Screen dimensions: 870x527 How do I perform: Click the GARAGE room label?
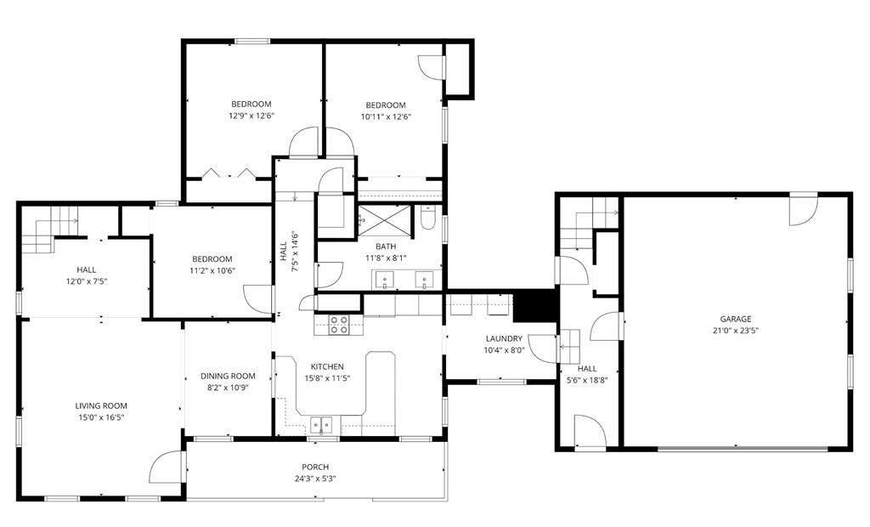point(735,319)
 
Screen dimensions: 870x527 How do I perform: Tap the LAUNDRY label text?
point(504,339)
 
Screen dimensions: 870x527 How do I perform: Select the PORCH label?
point(315,467)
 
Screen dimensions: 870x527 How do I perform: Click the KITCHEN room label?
point(327,366)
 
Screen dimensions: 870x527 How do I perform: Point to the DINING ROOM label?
point(228,376)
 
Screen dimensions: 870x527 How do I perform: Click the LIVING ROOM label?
point(101,406)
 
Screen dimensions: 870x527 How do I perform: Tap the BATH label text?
point(386,246)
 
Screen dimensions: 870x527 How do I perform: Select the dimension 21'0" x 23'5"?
point(736,331)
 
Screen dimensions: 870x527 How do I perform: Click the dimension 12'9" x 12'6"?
point(251,116)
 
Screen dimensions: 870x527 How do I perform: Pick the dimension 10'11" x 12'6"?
point(386,117)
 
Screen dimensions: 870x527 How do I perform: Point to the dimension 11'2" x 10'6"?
point(212,271)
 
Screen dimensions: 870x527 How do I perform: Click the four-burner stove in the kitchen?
point(338,325)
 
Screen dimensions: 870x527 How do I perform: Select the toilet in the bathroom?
point(428,218)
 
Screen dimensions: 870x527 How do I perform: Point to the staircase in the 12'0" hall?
point(49,229)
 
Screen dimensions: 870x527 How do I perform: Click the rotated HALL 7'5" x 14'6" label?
point(289,252)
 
